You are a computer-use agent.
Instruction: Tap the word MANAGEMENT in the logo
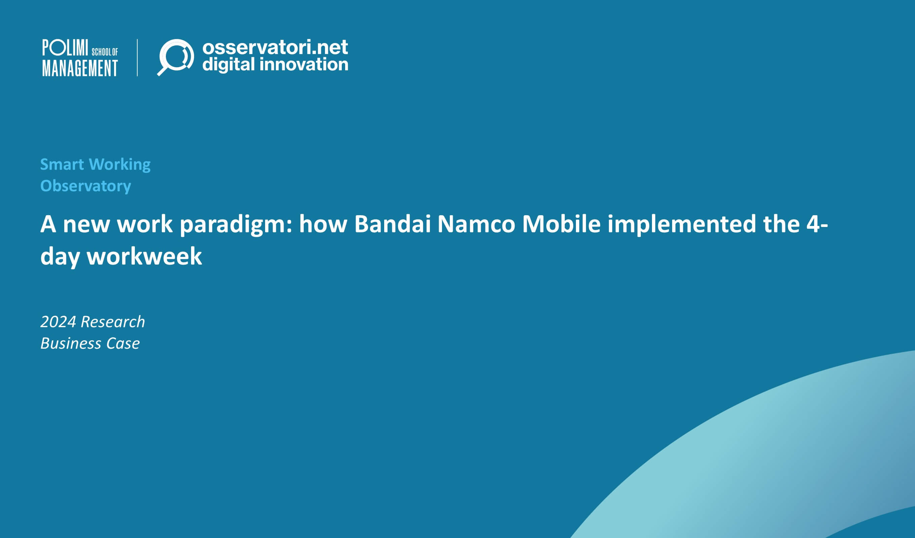pyautogui.click(x=80, y=68)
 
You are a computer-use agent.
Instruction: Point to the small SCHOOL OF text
pyautogui.click(x=105, y=52)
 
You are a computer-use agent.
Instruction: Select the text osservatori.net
pyautogui.click(x=275, y=47)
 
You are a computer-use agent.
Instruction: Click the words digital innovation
pyautogui.click(x=275, y=65)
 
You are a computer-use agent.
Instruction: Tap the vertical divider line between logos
pyautogui.click(x=137, y=57)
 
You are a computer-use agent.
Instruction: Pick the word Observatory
pyautogui.click(x=85, y=186)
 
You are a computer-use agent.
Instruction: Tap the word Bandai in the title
pyautogui.click(x=392, y=224)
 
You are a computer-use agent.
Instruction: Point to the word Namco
pyautogui.click(x=476, y=224)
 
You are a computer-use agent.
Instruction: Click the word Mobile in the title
pyautogui.click(x=561, y=224)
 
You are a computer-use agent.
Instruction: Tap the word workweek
pyautogui.click(x=144, y=256)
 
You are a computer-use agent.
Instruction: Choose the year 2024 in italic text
pyautogui.click(x=58, y=322)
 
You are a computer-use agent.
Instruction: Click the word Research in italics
pyautogui.click(x=113, y=322)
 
